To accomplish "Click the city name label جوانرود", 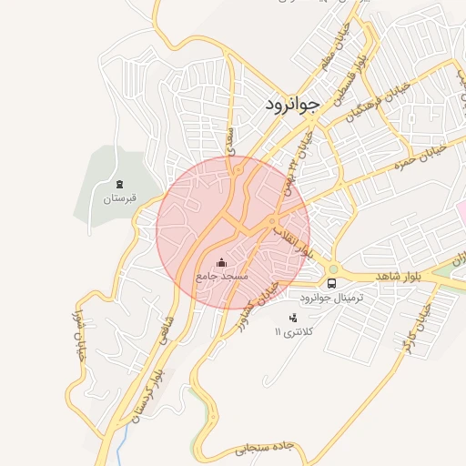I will pyautogui.click(x=291, y=104).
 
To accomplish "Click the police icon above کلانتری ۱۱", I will pyautogui.click(x=292, y=318).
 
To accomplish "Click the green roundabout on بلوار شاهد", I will pyautogui.click(x=333, y=268).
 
